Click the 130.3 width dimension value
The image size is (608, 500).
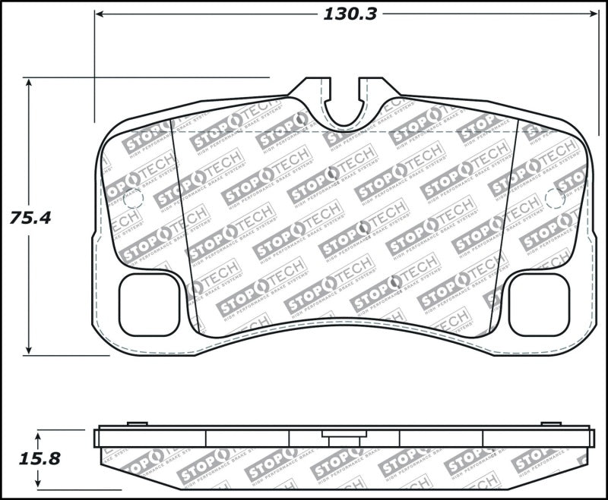350,14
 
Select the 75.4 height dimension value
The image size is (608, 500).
30,218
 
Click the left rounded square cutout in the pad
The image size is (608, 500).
150,304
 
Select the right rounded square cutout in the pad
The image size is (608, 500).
538,304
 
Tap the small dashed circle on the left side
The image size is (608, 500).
132,199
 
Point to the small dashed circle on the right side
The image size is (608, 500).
555,199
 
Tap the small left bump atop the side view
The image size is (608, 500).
137,423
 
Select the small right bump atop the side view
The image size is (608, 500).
551,423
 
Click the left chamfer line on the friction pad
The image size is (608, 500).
185,228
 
